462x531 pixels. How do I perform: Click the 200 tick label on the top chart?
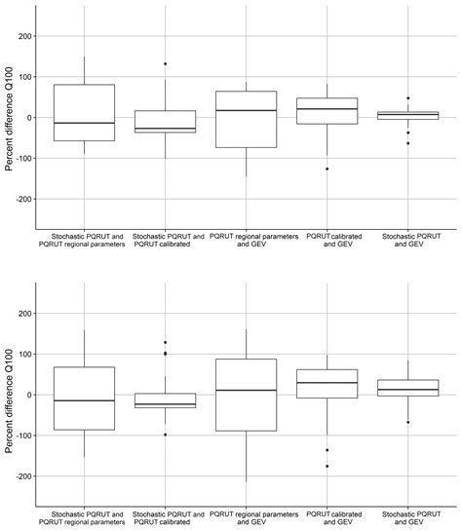click(23, 37)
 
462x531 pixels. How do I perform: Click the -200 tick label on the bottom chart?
click(21, 476)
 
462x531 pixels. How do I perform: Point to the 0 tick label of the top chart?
click(29, 118)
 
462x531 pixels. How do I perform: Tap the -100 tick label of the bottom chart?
click(21, 436)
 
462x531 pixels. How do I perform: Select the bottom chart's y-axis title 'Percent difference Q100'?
click(9, 395)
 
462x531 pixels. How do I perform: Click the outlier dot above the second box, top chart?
click(165, 64)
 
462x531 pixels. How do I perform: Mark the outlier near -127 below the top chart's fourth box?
click(327, 169)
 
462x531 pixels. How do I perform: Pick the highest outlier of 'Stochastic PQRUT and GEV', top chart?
click(407, 98)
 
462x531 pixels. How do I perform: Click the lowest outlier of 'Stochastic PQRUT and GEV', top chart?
click(407, 143)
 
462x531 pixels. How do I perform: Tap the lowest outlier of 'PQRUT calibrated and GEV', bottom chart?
click(327, 466)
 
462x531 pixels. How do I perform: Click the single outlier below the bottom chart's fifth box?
click(407, 422)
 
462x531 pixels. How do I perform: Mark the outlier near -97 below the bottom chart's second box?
click(165, 435)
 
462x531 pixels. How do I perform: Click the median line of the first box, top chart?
click(84, 123)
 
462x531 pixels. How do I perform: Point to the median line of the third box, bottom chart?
click(246, 390)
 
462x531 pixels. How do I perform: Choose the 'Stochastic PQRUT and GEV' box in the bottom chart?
click(407, 388)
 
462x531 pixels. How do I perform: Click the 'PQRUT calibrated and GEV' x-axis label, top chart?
click(327, 240)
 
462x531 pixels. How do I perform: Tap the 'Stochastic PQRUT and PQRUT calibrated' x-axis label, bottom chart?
click(165, 517)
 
